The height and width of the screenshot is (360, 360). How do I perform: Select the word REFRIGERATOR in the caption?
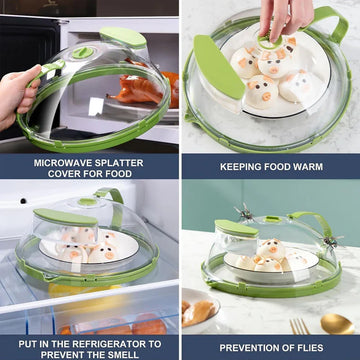point(115,344)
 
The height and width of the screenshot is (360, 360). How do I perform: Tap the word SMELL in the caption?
point(123,355)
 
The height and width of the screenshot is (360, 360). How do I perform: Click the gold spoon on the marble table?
point(337,324)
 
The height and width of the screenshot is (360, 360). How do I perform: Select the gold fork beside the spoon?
point(298,326)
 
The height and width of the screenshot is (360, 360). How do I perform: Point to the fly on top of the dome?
point(244,212)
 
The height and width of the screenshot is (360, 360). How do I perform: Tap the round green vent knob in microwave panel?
point(83,52)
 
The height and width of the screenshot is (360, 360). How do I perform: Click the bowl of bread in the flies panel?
point(200,311)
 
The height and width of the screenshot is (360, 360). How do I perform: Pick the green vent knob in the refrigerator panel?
point(87,202)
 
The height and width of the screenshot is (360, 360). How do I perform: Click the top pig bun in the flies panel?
point(273,249)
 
